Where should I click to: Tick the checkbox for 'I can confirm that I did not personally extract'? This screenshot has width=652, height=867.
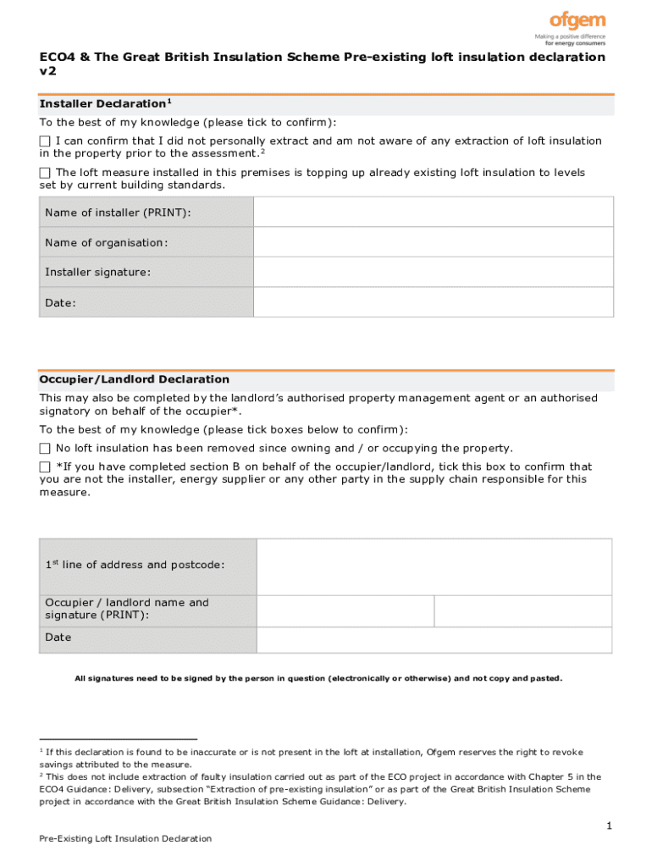[x=45, y=141]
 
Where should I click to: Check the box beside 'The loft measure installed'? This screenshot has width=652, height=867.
[x=45, y=173]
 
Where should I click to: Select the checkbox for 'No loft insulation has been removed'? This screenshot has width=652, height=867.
[x=45, y=448]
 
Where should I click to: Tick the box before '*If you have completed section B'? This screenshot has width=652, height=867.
[x=45, y=467]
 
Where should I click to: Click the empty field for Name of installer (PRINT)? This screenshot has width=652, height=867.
[x=434, y=212]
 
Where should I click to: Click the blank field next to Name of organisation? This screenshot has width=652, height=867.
[x=434, y=242]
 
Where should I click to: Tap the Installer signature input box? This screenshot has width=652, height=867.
[x=434, y=272]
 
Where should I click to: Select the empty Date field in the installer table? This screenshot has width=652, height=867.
[x=434, y=302]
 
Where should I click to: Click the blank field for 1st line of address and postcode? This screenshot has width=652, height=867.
[x=434, y=566]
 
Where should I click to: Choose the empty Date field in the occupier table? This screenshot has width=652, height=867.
[x=434, y=638]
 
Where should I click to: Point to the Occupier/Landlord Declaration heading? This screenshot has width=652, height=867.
[x=134, y=379]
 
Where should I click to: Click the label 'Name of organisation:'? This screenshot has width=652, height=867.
[x=107, y=243]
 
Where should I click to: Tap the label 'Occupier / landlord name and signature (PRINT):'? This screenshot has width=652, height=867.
[x=126, y=609]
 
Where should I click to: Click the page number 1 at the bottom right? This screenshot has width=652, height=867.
[x=608, y=825]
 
